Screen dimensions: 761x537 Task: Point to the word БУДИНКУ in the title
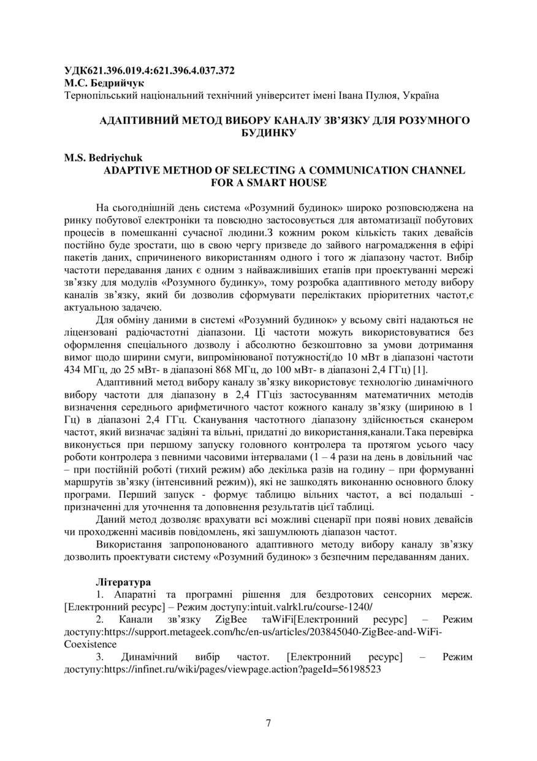pyautogui.click(x=268, y=132)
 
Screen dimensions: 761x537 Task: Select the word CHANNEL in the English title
pyautogui.click(x=437, y=170)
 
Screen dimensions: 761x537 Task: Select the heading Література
pyautogui.click(x=123, y=581)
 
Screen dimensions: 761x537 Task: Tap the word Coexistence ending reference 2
pyautogui.click(x=90, y=644)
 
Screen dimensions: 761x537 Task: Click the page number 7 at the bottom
pyautogui.click(x=268, y=722)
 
